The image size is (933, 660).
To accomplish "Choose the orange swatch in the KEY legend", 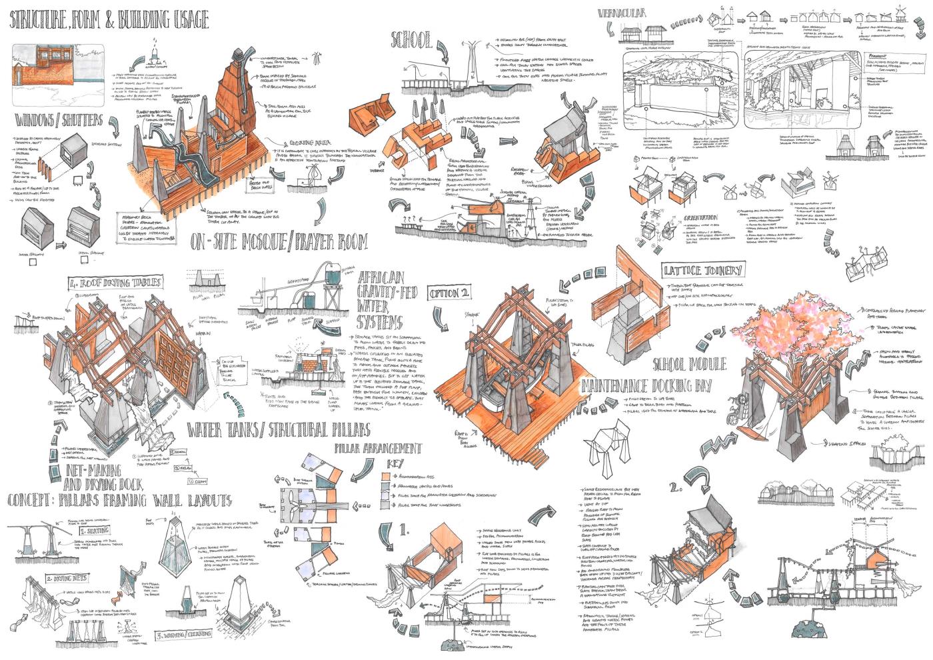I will tap(386, 477).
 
